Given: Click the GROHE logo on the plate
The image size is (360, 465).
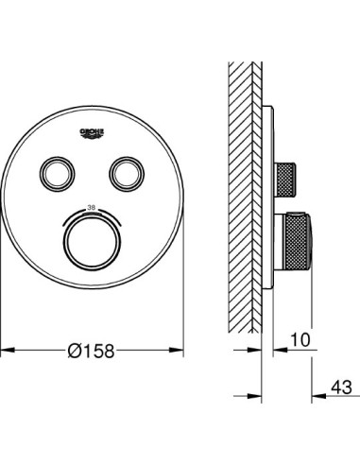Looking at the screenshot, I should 92,132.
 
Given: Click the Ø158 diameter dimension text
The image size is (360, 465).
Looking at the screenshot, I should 92,349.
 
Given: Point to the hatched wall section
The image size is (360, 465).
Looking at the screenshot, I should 244,189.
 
